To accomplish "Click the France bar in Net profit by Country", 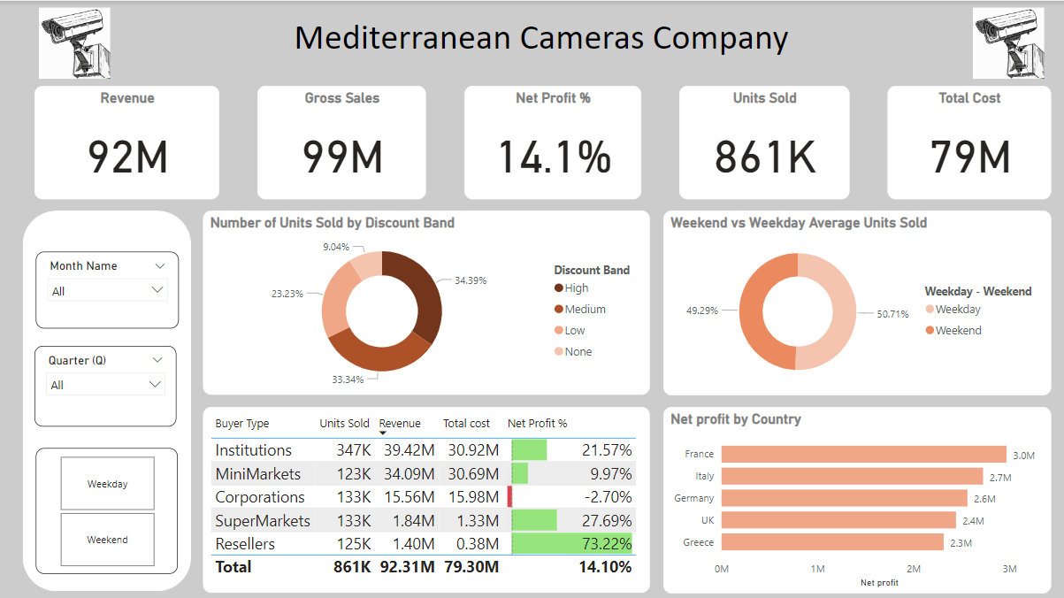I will [x=863, y=454].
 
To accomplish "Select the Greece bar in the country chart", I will [x=832, y=542].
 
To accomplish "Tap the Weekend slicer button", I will [x=107, y=540].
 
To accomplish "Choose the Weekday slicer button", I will [x=107, y=484].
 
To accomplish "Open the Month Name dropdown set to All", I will [x=107, y=291].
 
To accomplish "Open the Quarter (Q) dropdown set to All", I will [x=105, y=385].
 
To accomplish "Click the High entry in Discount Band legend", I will [x=576, y=288].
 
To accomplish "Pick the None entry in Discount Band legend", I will [x=578, y=352].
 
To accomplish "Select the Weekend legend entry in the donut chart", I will [x=958, y=331].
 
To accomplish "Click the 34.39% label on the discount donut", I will [x=471, y=280].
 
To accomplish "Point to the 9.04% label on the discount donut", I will [x=335, y=247].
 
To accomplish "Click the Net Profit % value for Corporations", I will [x=606, y=497].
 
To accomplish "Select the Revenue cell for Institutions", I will [x=409, y=450].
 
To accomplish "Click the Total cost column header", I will [x=466, y=424].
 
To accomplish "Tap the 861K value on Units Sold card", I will [x=764, y=157].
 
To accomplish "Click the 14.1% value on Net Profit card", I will [x=554, y=157].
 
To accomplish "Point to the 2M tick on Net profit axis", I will [x=913, y=569].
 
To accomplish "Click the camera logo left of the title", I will [x=74, y=43].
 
